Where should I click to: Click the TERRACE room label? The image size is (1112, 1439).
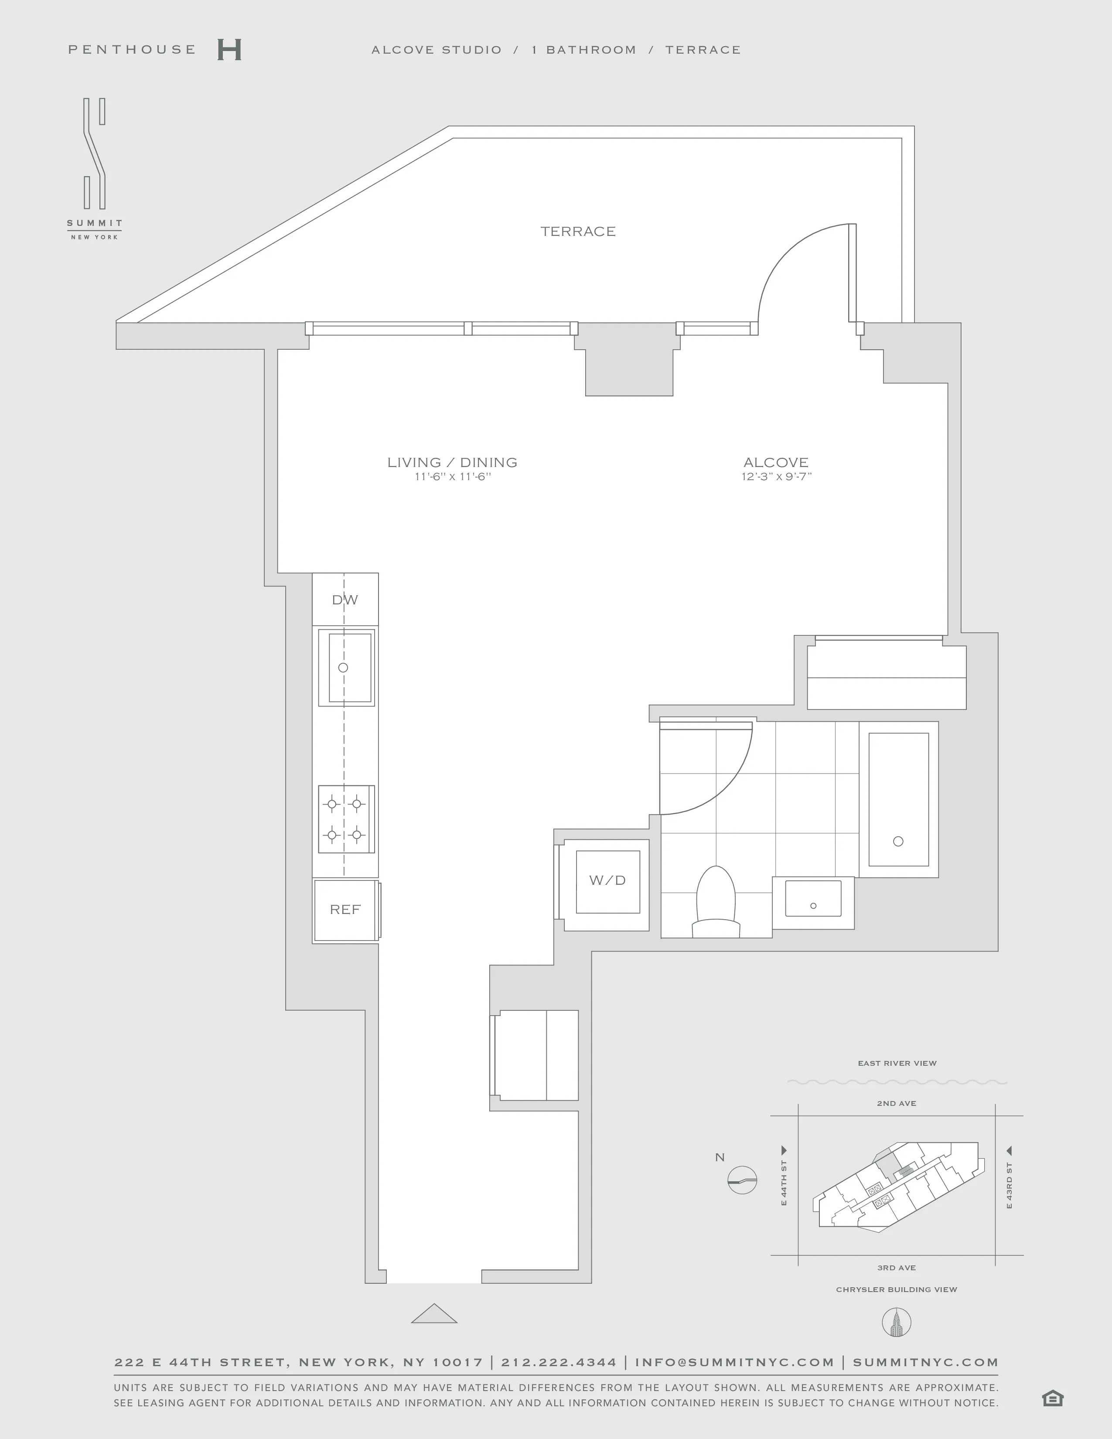click(x=578, y=231)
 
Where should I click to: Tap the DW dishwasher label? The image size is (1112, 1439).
click(x=345, y=600)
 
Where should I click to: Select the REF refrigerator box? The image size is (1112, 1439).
click(x=345, y=910)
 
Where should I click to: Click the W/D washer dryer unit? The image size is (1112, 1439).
click(x=607, y=881)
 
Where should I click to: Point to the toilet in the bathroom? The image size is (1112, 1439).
click(x=716, y=900)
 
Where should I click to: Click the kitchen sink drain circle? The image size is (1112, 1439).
click(x=343, y=668)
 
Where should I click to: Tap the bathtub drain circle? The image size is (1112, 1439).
click(x=898, y=842)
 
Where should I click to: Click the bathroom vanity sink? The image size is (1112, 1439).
click(x=813, y=899)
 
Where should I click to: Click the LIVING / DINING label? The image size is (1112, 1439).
click(x=452, y=463)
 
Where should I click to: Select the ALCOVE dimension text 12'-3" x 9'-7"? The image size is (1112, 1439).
click(x=776, y=477)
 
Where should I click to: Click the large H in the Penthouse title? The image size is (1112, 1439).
click(x=229, y=50)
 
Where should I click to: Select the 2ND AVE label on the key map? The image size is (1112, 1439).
click(x=896, y=1103)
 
